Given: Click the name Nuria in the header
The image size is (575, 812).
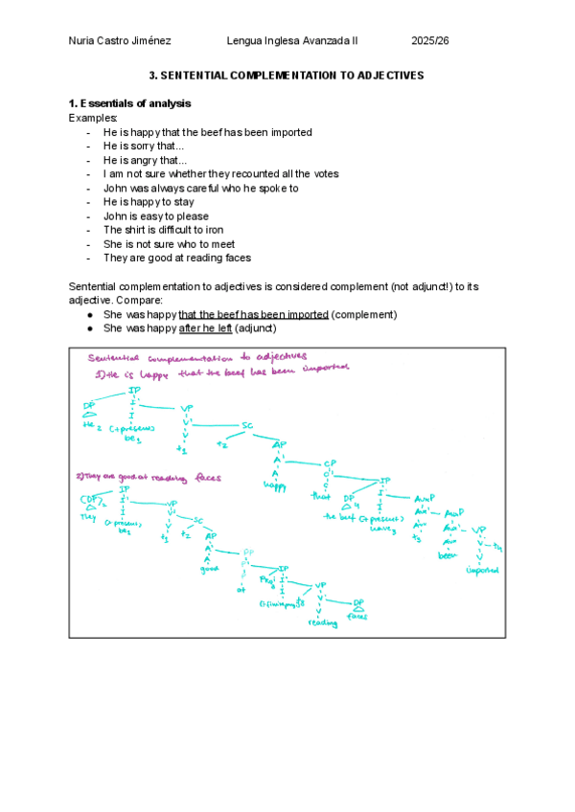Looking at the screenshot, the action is click(82, 40).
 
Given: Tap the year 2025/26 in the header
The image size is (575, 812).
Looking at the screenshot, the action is click(430, 40).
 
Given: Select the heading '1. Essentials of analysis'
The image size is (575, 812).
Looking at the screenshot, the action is click(129, 103).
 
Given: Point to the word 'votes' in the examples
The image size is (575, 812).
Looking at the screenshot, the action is click(323, 174).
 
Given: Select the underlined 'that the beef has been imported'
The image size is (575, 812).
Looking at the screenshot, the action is click(253, 315).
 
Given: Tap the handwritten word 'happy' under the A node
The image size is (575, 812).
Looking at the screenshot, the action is click(278, 485).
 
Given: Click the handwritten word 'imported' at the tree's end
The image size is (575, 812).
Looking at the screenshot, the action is click(482, 571).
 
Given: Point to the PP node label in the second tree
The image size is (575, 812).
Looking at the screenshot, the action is click(247, 552).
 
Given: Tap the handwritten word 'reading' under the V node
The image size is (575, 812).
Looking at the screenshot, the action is click(323, 623).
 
